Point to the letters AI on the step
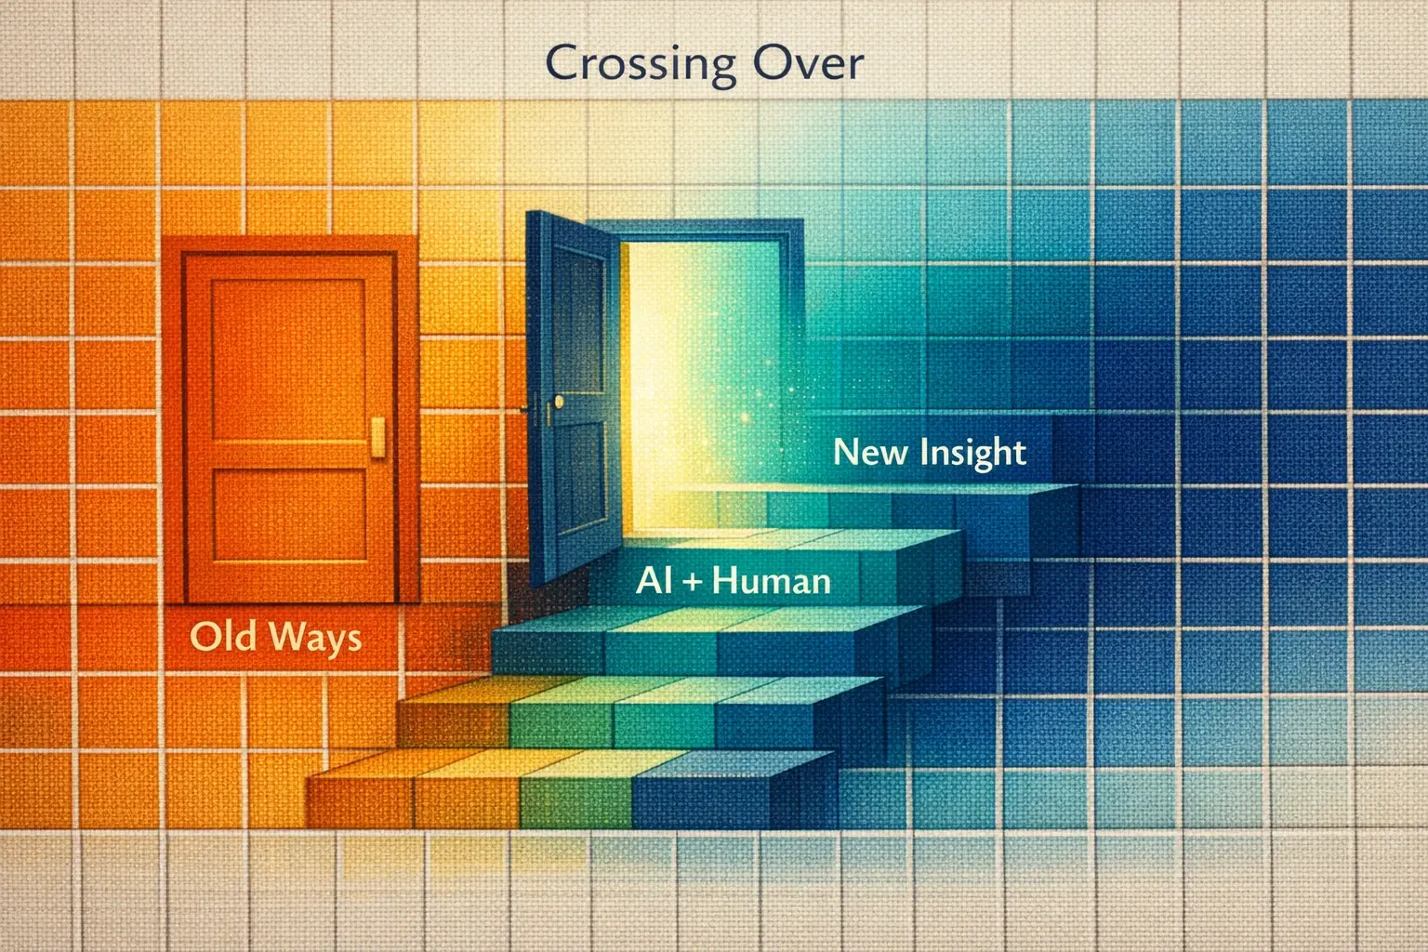pos(654,581)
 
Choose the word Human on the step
pos(771,581)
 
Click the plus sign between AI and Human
pos(694,582)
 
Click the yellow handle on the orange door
pos(378,437)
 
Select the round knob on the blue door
pos(558,401)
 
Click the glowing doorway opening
pos(688,372)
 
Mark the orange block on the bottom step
pos(363,795)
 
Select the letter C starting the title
pos(560,63)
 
